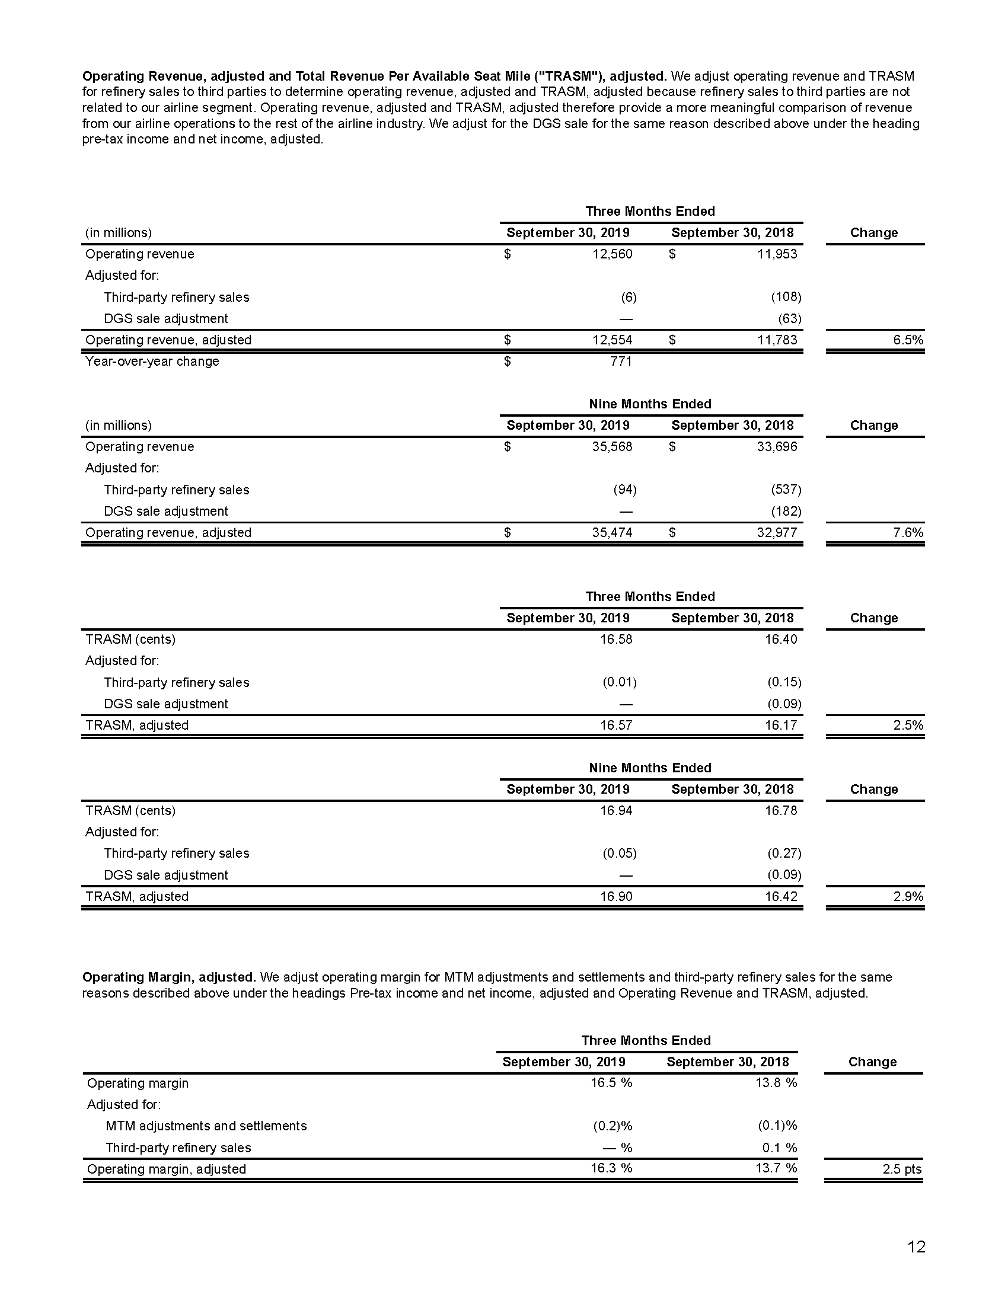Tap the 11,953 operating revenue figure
tap(777, 254)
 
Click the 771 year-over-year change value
tap(621, 361)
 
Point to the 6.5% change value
tap(908, 340)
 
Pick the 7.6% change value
tap(908, 533)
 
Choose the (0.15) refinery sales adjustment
tap(784, 682)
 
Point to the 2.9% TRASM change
tap(908, 896)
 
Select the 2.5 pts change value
tap(902, 1169)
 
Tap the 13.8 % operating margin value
tap(776, 1082)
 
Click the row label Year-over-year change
tap(152, 361)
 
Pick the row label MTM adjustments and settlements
tap(206, 1126)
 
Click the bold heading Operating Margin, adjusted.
tap(169, 977)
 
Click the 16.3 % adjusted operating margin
tap(611, 1168)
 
